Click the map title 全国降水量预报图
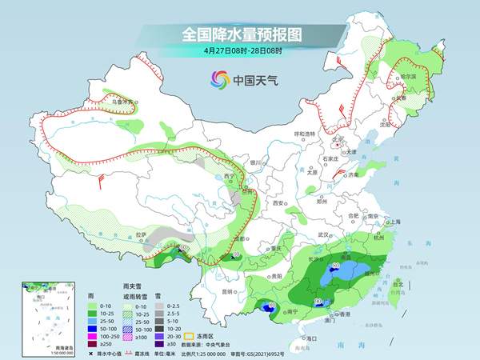click(240, 35)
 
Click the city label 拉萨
click(141, 234)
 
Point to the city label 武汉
click(324, 234)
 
